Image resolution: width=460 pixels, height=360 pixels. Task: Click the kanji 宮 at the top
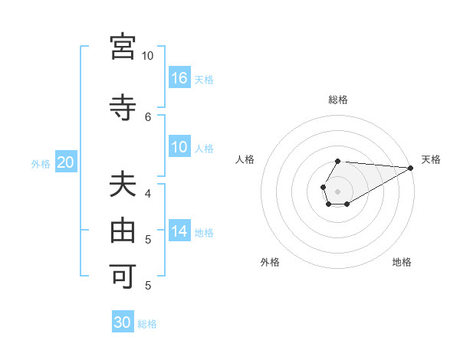click(123, 47)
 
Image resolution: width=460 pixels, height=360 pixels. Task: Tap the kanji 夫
click(123, 185)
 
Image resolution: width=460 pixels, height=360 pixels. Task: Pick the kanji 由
click(123, 230)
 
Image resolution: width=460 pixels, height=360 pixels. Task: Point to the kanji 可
click(123, 274)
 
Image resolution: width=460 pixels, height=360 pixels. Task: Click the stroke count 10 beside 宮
click(147, 56)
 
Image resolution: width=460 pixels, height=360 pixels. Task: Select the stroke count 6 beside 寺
click(148, 116)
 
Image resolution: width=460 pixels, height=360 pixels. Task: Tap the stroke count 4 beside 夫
click(148, 195)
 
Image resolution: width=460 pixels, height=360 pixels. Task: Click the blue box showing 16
click(179, 77)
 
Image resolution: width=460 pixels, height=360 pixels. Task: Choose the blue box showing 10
click(179, 147)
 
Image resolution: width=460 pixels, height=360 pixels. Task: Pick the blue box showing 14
click(179, 231)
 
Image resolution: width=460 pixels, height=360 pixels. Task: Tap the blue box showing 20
click(66, 162)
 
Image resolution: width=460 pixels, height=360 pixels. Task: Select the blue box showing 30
click(123, 322)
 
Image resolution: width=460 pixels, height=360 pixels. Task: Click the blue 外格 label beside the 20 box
click(41, 163)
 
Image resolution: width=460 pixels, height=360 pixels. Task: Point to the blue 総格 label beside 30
click(147, 324)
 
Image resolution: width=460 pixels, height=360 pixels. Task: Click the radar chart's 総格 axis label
click(337, 100)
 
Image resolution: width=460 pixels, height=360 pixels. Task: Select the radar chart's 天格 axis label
click(431, 159)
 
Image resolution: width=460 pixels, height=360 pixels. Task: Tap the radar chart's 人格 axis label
click(245, 159)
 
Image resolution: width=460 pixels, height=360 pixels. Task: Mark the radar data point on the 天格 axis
click(411, 168)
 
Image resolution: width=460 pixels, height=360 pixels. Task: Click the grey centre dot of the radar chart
click(337, 191)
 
